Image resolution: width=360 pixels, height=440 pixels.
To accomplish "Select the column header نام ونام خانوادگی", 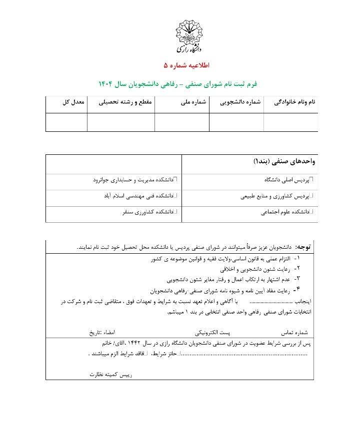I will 294,102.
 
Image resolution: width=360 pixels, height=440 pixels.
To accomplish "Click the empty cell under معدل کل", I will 66,122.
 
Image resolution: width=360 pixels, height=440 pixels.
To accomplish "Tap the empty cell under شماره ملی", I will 182,122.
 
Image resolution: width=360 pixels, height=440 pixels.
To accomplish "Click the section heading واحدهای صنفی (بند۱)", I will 283,162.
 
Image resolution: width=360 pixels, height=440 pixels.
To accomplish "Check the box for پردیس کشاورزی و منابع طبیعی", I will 311,196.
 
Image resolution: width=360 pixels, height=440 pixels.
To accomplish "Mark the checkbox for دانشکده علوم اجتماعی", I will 311,213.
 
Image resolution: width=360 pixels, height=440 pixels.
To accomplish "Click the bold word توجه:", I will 304,247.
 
